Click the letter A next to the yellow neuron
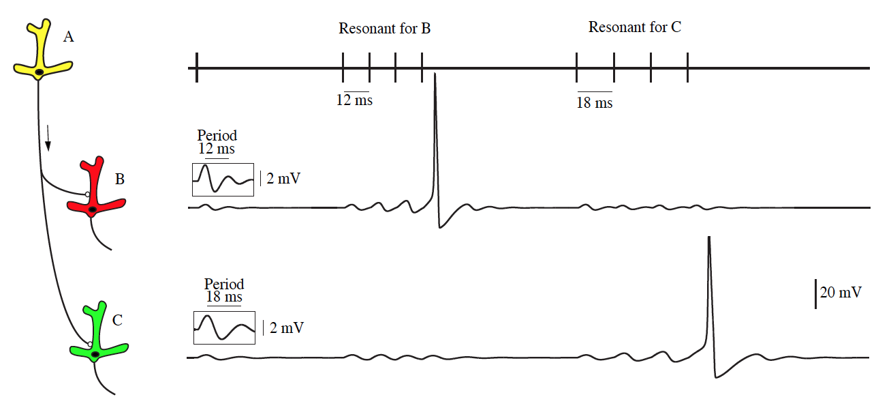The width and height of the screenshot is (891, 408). (68, 37)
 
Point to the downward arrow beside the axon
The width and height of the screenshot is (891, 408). (48, 138)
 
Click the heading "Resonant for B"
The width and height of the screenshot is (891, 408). (384, 28)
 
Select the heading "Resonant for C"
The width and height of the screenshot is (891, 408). (634, 27)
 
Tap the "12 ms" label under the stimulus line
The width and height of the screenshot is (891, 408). (354, 100)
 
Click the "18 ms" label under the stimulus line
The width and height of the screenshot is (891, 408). (595, 103)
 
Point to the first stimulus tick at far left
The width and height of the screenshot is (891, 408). (197, 68)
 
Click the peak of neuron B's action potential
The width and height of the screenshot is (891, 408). (435, 73)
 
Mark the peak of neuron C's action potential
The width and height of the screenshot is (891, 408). (709, 237)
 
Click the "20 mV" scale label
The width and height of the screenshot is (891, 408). (841, 293)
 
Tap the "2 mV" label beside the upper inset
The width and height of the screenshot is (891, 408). (283, 179)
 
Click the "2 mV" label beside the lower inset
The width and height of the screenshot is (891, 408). (286, 328)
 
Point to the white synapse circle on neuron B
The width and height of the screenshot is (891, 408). (87, 194)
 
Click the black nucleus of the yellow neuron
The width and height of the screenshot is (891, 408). (39, 72)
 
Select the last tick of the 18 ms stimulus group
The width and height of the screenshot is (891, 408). (688, 68)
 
